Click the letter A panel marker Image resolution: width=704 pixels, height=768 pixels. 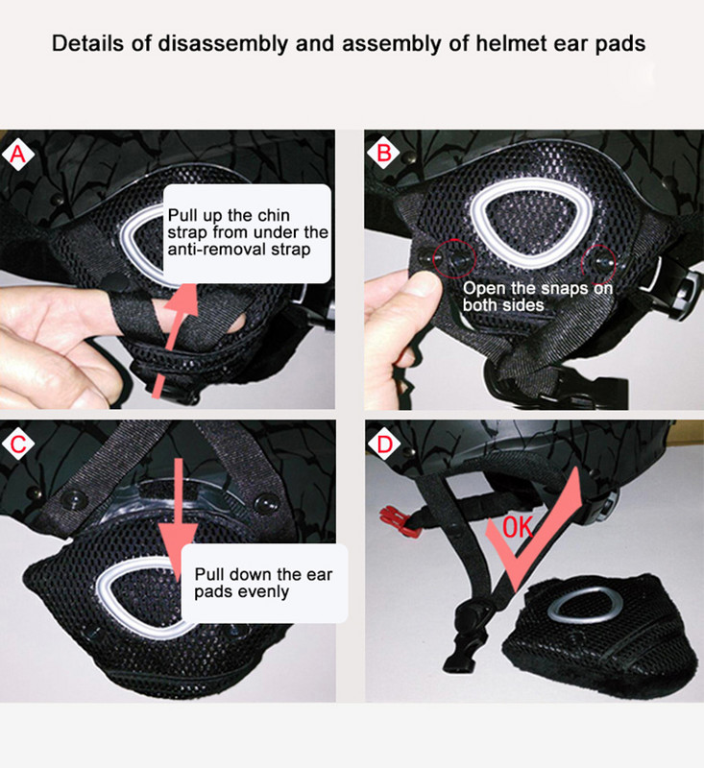(17, 155)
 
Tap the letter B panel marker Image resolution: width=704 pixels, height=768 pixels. (383, 154)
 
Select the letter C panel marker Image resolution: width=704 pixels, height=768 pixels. (17, 444)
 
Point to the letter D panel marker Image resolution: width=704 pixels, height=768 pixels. (384, 444)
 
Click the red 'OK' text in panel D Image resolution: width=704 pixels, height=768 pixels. (518, 527)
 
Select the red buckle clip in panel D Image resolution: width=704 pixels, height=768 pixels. (397, 519)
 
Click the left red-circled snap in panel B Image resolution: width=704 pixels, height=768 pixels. (454, 259)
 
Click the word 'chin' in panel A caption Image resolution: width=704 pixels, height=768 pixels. (274, 215)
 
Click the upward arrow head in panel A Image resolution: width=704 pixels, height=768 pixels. (182, 300)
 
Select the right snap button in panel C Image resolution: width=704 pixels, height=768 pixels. (266, 504)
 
